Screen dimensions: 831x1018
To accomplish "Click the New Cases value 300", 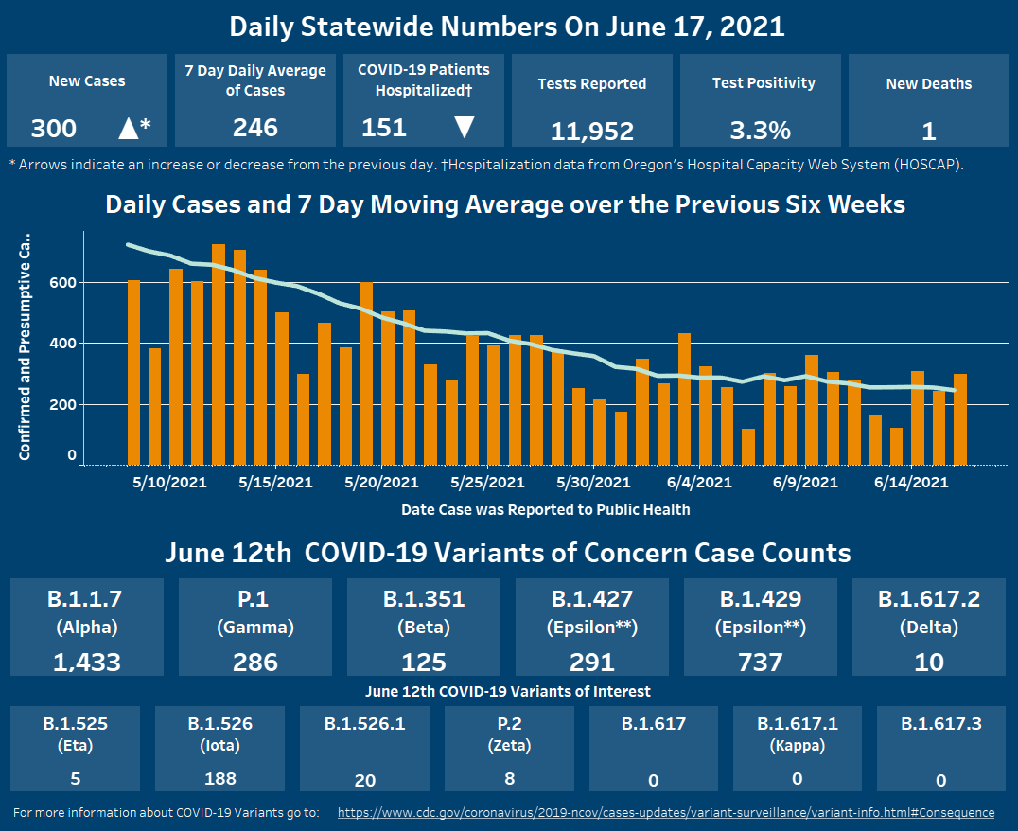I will (x=54, y=129).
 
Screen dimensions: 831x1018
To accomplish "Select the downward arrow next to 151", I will (x=464, y=128).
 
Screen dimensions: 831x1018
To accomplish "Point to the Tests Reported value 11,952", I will (x=591, y=131).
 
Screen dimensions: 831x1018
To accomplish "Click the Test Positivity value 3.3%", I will (x=760, y=131).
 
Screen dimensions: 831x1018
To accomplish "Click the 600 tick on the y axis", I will (x=63, y=282).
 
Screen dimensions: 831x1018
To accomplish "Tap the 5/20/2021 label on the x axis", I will (x=381, y=483).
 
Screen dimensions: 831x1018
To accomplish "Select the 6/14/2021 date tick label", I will (x=910, y=483).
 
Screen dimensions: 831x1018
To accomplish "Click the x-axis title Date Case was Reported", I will (x=545, y=510).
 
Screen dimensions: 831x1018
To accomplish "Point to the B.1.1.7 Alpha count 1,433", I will (x=87, y=662).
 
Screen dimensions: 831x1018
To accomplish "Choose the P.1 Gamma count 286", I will (x=255, y=662).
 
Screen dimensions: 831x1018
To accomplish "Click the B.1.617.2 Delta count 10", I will (x=928, y=662).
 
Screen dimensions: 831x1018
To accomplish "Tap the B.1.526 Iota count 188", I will (x=219, y=779).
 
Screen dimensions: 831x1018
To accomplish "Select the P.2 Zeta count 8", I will (x=509, y=780).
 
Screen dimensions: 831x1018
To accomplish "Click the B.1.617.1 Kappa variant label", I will (x=797, y=734).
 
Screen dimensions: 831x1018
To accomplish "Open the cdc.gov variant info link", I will (x=665, y=812).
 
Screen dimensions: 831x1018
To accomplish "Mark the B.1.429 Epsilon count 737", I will (x=760, y=662).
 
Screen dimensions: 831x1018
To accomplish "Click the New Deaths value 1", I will (x=928, y=131).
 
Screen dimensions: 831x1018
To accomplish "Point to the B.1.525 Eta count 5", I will (x=75, y=779).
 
